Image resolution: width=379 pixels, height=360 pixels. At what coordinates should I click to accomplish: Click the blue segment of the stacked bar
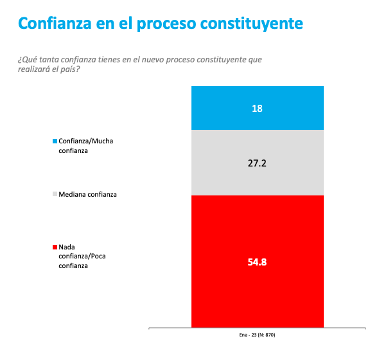(258, 108)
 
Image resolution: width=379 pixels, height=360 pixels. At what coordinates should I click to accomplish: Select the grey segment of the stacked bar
(258, 163)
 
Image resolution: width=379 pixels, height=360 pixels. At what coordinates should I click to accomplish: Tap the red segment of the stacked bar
(258, 261)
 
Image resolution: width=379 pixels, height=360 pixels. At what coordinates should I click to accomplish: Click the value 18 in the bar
(257, 109)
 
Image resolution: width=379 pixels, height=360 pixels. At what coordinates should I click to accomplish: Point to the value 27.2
(257, 163)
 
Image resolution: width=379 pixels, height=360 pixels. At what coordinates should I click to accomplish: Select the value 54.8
(257, 262)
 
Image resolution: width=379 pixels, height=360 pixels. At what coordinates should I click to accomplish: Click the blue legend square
(55, 141)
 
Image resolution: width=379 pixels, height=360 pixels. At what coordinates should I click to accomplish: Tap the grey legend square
(55, 194)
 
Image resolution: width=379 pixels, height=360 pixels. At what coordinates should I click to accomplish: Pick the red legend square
(55, 247)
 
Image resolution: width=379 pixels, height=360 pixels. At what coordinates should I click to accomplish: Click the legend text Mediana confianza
(87, 194)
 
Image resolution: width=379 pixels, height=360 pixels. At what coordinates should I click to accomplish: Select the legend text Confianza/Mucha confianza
(86, 146)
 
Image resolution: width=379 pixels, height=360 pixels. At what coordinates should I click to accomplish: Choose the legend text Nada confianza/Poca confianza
(82, 256)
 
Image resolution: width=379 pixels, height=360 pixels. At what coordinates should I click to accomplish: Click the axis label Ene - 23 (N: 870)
(257, 335)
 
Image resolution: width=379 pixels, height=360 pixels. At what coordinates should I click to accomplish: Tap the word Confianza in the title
(55, 23)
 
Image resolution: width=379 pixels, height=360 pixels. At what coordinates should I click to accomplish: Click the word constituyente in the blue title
(252, 24)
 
